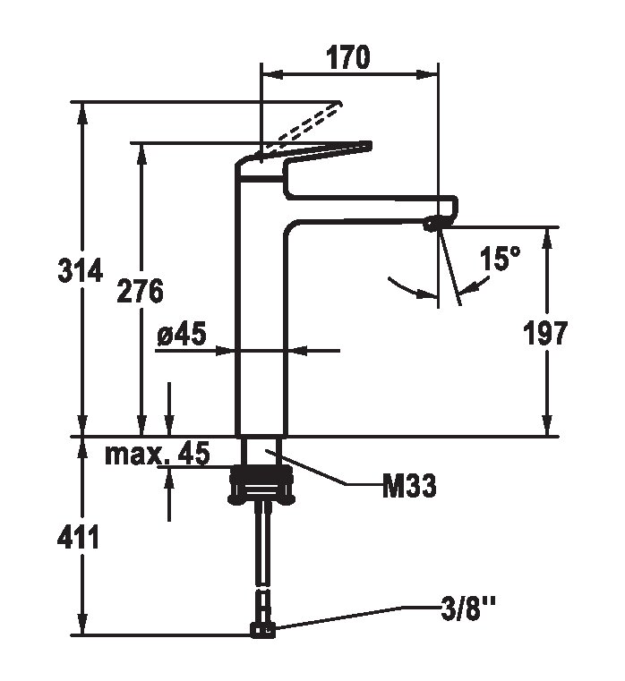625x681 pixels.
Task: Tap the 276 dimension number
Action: click(141, 291)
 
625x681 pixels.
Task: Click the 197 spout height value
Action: click(545, 333)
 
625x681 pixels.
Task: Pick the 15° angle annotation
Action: click(500, 260)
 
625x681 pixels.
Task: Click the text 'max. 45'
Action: click(158, 454)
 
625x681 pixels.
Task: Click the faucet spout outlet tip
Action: click(436, 223)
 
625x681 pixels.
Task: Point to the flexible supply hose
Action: click(263, 546)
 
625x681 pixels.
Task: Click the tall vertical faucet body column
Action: click(260, 322)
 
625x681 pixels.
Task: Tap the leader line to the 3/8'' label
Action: click(358, 618)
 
